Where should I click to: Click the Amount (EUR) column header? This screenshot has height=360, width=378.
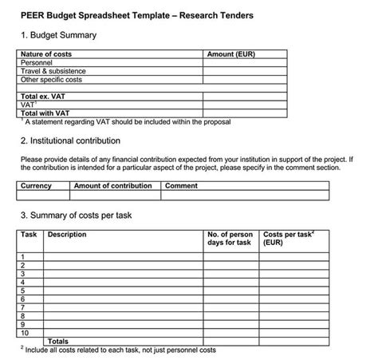(230, 54)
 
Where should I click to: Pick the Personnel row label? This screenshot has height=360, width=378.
(37, 62)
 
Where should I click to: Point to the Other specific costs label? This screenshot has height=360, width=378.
(51, 80)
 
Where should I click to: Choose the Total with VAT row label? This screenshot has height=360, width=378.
(49, 113)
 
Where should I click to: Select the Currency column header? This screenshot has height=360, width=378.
(36, 186)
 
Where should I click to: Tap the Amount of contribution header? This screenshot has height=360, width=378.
(112, 186)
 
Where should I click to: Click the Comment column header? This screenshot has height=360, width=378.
(181, 186)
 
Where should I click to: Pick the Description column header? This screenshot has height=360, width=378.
(67, 235)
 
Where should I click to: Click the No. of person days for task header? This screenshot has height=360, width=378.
(230, 239)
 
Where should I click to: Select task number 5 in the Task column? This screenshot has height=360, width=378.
(23, 291)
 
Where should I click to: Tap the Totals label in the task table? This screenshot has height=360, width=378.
(58, 341)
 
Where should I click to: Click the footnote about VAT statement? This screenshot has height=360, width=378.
(126, 122)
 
